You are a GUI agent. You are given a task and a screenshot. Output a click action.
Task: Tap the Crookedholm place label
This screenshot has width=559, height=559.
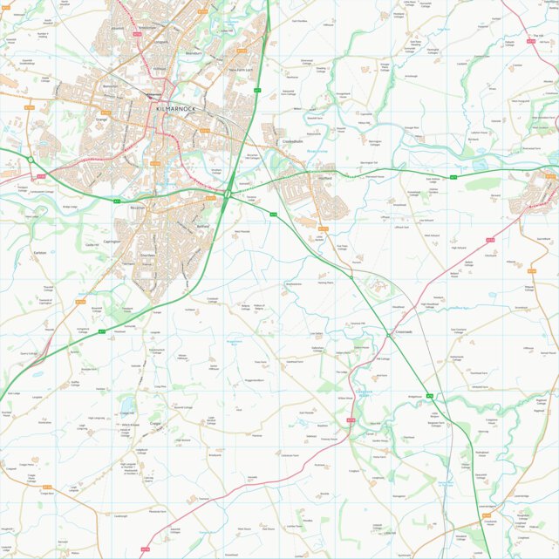click(x=291, y=141)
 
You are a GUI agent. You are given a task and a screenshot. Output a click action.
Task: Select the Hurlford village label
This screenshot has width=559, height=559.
click(x=324, y=178)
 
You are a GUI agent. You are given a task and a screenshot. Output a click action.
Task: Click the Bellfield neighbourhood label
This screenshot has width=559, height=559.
click(x=203, y=225)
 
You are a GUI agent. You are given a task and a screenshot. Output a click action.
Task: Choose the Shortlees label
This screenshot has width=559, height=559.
click(x=147, y=256)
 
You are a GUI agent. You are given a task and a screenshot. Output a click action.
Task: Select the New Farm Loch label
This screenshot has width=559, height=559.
click(x=240, y=70)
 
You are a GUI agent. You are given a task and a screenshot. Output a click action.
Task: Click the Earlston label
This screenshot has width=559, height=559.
click(x=39, y=253)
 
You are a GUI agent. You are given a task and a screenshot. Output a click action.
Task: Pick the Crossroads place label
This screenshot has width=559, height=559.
click(x=402, y=332)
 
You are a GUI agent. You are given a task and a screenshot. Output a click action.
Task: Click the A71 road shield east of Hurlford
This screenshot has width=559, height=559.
click(x=453, y=177)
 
